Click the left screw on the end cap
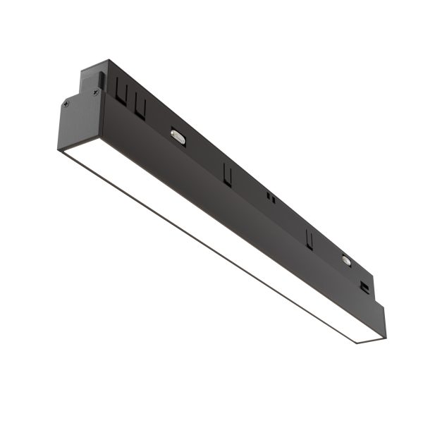[66, 104]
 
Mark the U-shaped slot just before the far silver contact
[309, 238]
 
